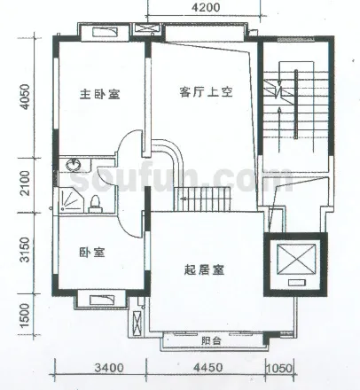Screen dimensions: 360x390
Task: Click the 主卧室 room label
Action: pos(100,94)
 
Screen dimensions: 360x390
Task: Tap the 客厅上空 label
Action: pos(206,92)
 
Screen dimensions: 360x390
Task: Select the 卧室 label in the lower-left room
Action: pos(92,253)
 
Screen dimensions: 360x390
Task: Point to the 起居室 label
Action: pos(204,269)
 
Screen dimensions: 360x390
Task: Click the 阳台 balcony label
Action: pos(211,340)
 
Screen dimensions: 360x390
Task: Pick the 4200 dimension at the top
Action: pos(206,7)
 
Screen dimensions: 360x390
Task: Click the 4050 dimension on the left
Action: pos(25,97)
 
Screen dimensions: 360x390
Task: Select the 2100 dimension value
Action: pos(25,183)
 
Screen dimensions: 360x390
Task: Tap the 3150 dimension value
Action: pos(25,250)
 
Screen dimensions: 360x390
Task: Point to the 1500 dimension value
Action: pos(25,315)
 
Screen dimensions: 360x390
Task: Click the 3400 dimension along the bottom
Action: pos(109,368)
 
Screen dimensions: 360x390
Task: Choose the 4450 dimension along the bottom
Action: pos(207,368)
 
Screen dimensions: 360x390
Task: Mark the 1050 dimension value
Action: pos(279,369)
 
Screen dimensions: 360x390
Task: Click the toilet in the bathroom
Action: pos(95,204)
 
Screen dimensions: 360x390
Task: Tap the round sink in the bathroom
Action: pos(73,164)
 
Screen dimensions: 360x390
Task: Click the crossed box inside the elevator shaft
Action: pos(296,259)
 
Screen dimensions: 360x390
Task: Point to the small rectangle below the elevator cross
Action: pos(297,283)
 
